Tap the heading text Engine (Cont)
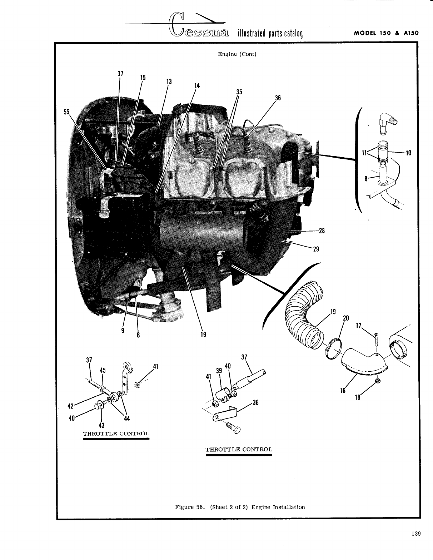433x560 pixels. click(237, 54)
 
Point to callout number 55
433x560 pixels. click(66, 112)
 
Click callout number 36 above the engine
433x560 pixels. click(278, 98)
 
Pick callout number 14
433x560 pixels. click(197, 86)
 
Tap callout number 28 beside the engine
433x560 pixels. click(322, 231)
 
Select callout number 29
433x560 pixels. click(316, 249)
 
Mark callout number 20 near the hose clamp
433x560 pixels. click(345, 318)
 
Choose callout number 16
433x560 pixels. click(343, 391)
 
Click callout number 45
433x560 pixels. click(103, 370)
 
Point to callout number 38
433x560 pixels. click(255, 402)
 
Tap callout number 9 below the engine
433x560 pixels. click(123, 331)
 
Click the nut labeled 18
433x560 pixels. click(378, 381)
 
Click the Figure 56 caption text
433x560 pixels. click(240, 507)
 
